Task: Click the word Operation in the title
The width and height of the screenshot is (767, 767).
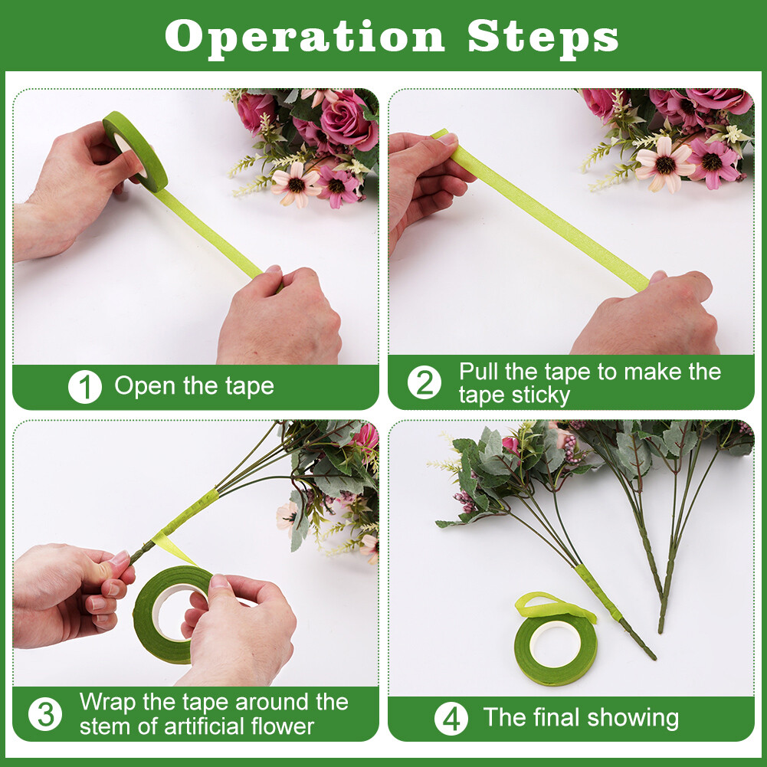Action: [x=304, y=36]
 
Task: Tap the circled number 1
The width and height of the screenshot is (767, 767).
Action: [x=84, y=387]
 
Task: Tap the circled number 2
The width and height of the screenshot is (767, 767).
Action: [x=424, y=382]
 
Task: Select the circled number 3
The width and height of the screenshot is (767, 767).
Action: [x=45, y=714]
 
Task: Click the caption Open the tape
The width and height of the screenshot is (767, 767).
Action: [x=194, y=386]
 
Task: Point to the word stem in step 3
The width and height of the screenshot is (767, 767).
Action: [x=102, y=726]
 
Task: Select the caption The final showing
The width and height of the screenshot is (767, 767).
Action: [x=580, y=718]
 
